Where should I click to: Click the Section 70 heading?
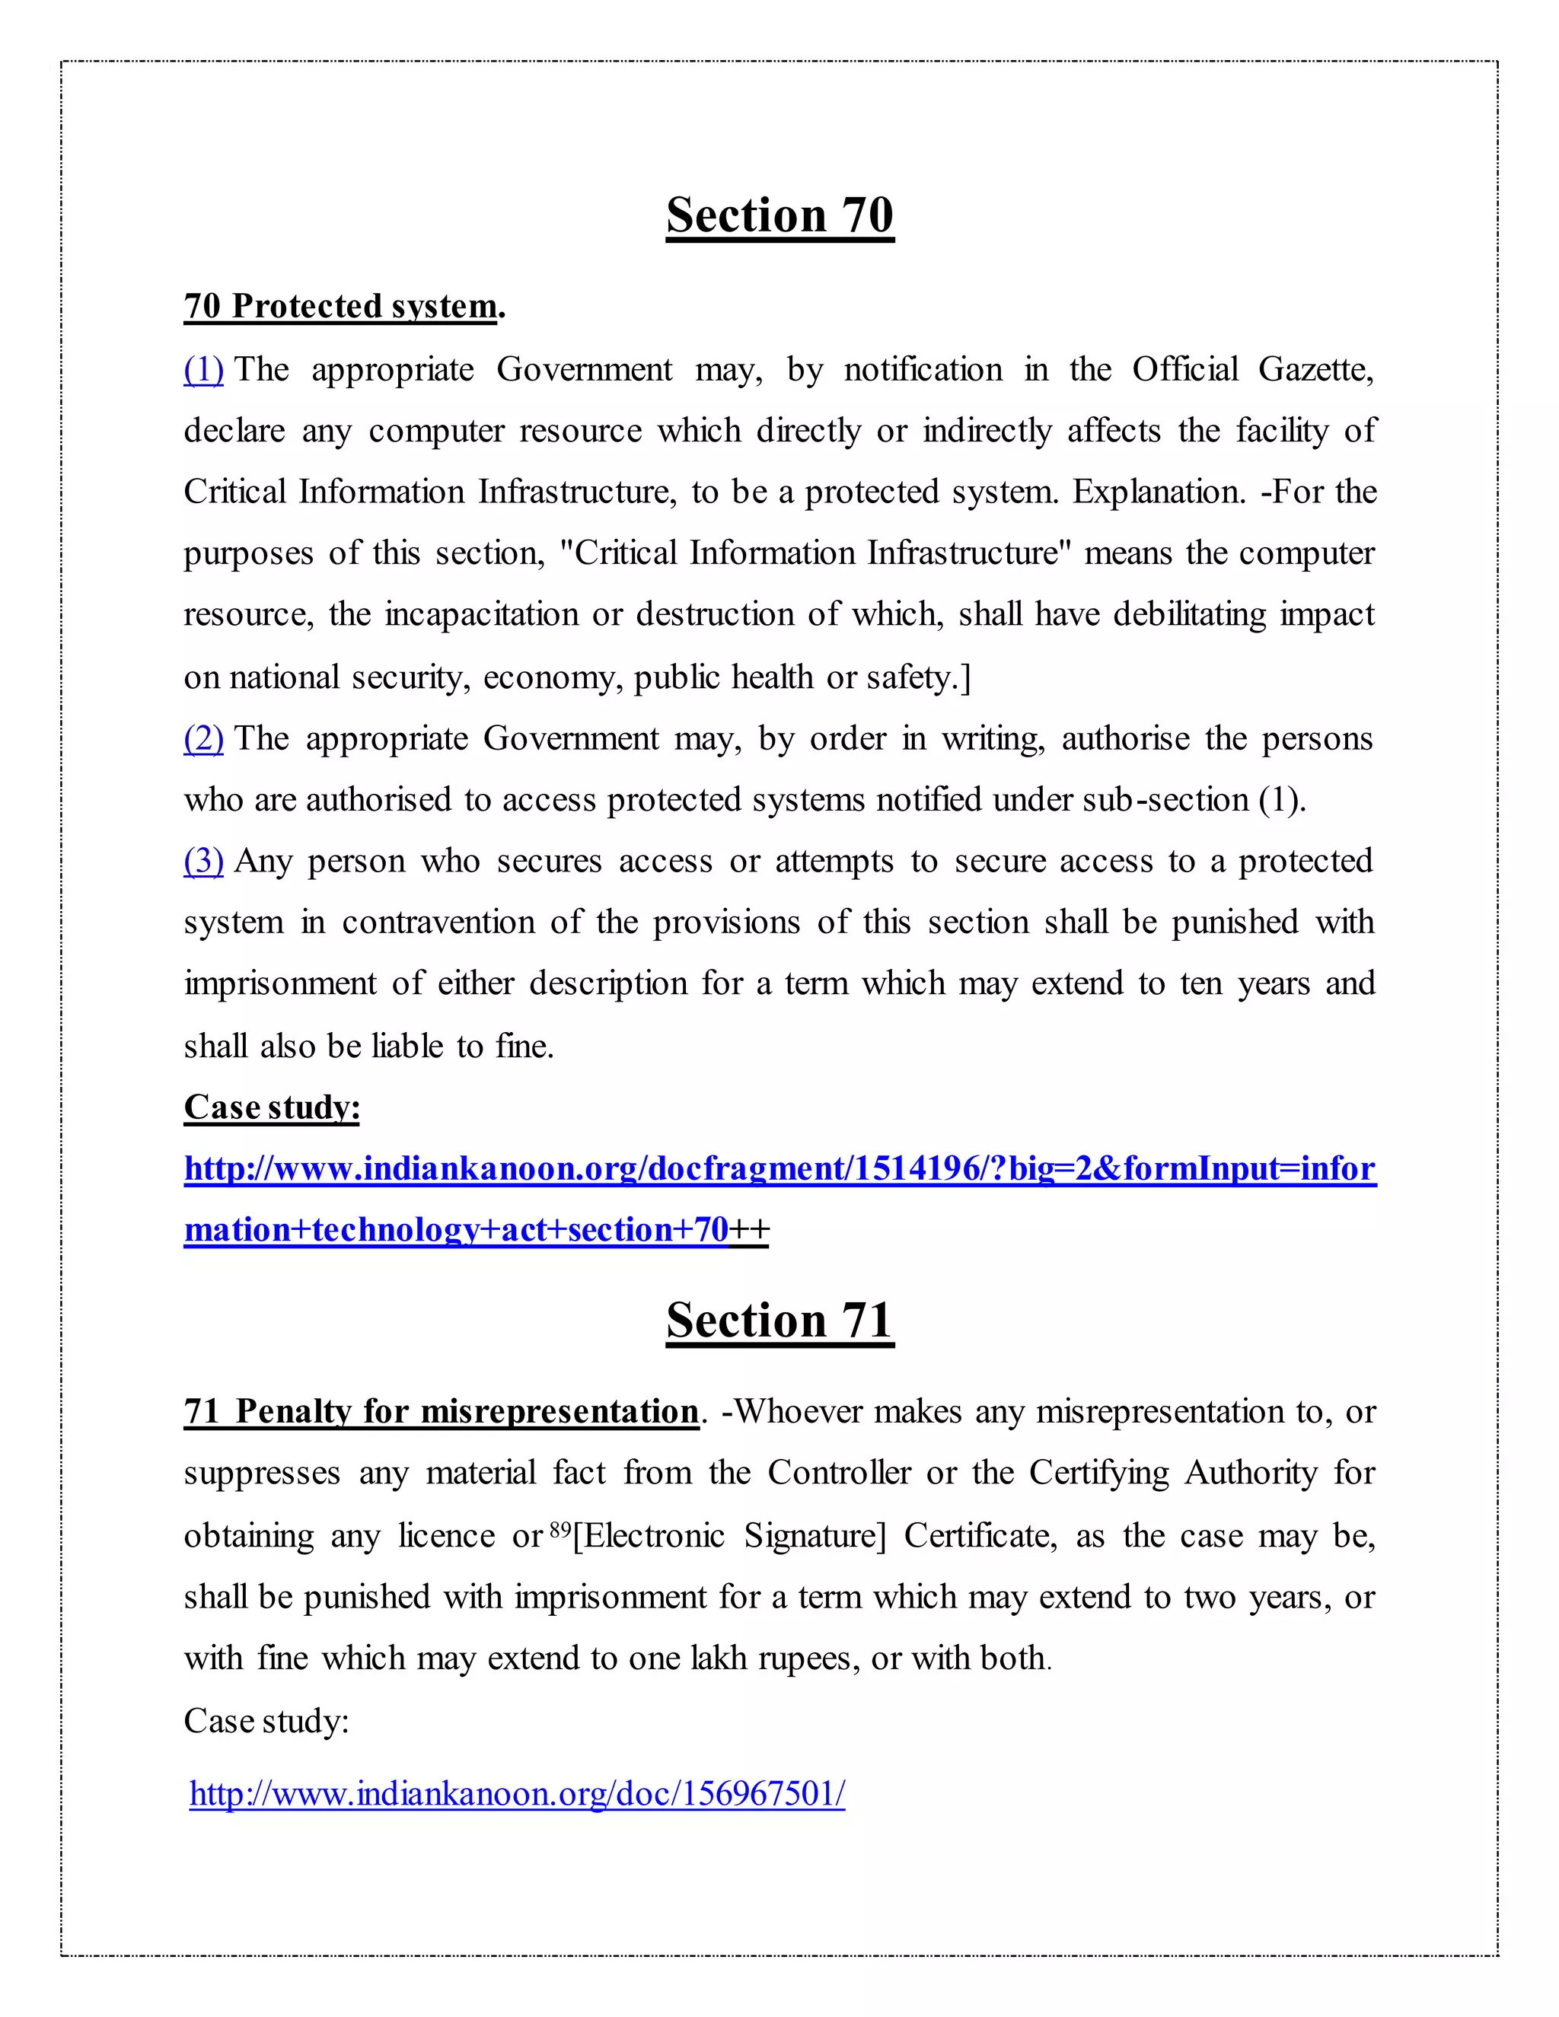pos(779,215)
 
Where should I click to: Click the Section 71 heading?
pos(779,1320)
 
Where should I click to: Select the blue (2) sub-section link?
pos(203,739)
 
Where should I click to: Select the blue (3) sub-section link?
pos(203,861)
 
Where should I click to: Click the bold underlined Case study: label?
pos(272,1107)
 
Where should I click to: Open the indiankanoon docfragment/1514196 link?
pos(779,1169)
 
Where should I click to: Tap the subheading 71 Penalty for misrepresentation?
pos(442,1411)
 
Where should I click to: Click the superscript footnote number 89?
pos(560,1529)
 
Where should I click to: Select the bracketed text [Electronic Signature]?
pos(728,1536)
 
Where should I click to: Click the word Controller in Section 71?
pos(839,1473)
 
